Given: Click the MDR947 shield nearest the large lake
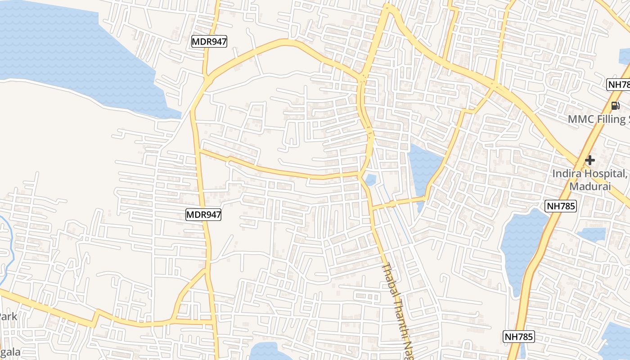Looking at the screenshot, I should tap(209, 42).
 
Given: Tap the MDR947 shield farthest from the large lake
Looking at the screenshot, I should tap(204, 215).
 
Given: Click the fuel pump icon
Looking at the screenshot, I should tap(615, 106).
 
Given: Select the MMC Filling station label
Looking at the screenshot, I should tap(598, 119).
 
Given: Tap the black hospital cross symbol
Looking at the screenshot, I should tap(589, 160).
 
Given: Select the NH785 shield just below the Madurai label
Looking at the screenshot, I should tap(561, 207).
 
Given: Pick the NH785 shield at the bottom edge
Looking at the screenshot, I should tap(518, 337).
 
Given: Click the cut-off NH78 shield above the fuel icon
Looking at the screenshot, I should tap(618, 85).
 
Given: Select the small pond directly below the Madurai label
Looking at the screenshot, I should tap(591, 234).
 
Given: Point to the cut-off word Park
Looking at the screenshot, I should tap(8, 316).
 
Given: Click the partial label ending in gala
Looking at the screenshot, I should tap(10, 352).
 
